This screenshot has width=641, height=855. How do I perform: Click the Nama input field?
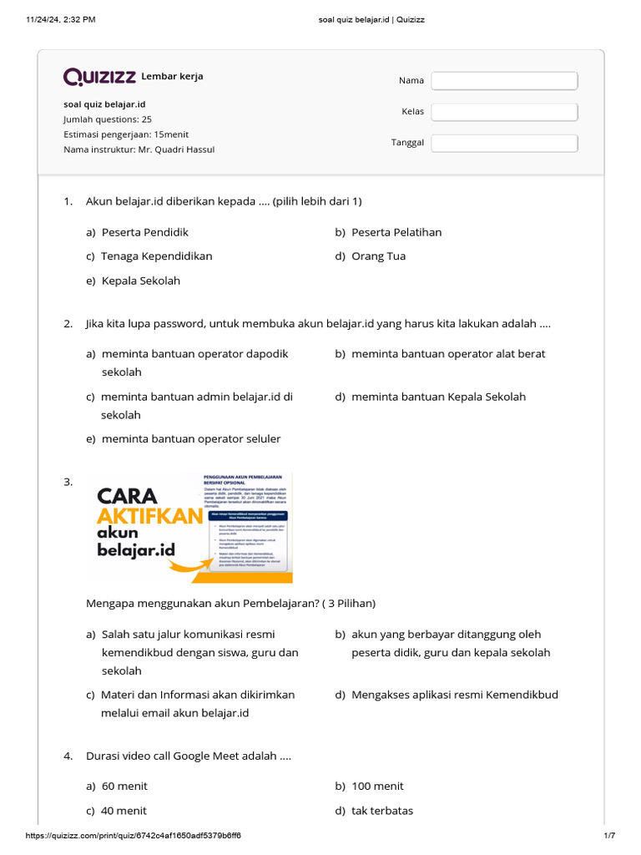(x=504, y=80)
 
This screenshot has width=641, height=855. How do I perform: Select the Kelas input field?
(x=504, y=112)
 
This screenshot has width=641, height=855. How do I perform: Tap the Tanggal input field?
(x=504, y=143)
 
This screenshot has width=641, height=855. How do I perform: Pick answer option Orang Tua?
(x=378, y=256)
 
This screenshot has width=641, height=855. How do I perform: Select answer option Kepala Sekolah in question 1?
(x=140, y=281)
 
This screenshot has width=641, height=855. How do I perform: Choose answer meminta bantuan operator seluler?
(x=190, y=439)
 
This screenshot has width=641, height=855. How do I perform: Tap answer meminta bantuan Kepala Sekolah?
(x=438, y=397)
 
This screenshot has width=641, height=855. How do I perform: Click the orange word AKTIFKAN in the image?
(x=150, y=515)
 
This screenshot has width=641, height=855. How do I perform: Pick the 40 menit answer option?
(x=124, y=811)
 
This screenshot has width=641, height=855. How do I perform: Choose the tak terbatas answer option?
(x=381, y=811)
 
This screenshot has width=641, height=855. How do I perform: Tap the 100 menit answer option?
(x=377, y=787)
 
